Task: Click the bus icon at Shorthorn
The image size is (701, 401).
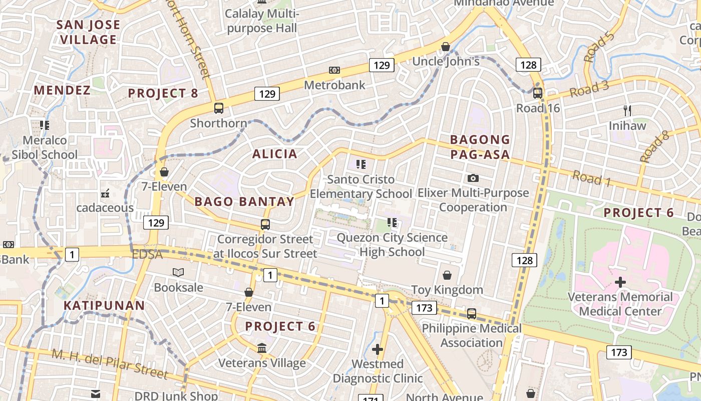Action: coord(219,108)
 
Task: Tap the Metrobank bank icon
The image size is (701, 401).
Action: coord(334,70)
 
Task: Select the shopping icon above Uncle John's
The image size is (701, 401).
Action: coord(446,47)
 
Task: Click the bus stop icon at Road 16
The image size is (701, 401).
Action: coord(537,93)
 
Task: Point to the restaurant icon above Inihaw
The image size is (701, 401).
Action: coord(627,110)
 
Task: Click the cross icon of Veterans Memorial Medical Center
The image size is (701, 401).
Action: coord(620,282)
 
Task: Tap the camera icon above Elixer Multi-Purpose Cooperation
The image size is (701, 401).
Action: coord(473,178)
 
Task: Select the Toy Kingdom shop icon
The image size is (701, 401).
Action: coord(447,275)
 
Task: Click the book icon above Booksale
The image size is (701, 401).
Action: coord(178,272)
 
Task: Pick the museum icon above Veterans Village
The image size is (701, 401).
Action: coord(262,347)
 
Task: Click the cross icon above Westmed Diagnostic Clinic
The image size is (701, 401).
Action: coord(378,349)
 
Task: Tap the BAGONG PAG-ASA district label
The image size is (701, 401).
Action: coord(480,147)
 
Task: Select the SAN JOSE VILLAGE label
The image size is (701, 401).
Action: coord(88,32)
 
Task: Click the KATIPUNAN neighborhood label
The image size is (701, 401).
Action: coord(104,305)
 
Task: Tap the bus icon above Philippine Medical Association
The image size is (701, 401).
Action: coord(472,314)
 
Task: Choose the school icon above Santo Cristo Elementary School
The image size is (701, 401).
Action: coord(361,164)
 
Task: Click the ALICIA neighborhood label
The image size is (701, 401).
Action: coord(274,154)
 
